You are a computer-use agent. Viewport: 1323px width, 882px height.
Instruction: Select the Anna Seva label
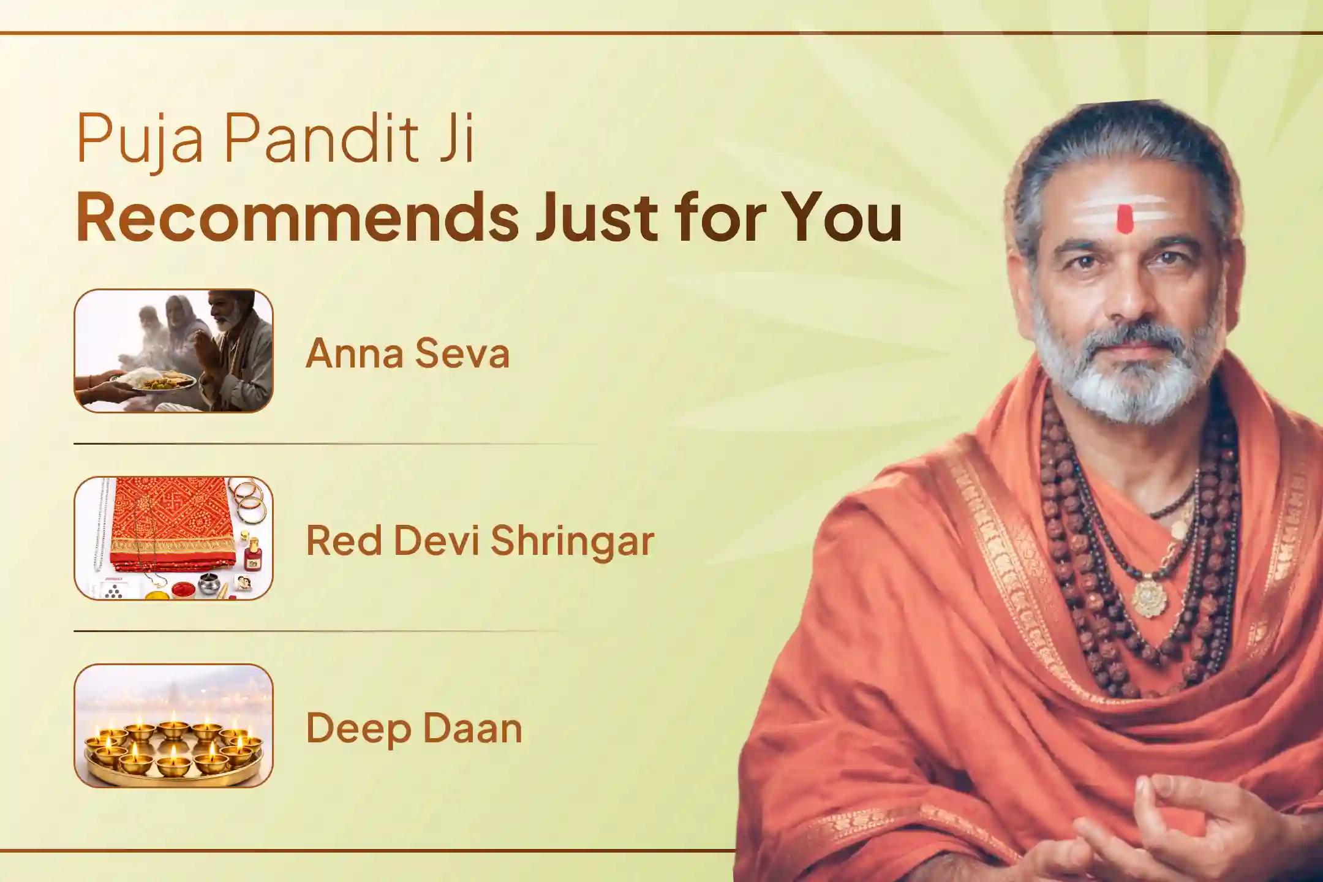(407, 353)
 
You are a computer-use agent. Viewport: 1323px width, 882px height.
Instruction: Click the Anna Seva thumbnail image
(173, 351)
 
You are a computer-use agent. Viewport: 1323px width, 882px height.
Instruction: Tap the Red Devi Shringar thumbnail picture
(173, 538)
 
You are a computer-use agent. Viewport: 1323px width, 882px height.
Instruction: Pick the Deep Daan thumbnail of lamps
(173, 726)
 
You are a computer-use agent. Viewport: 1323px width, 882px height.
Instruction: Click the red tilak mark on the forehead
(1123, 219)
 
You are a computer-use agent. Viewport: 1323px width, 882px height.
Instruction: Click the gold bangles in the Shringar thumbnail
(249, 499)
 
